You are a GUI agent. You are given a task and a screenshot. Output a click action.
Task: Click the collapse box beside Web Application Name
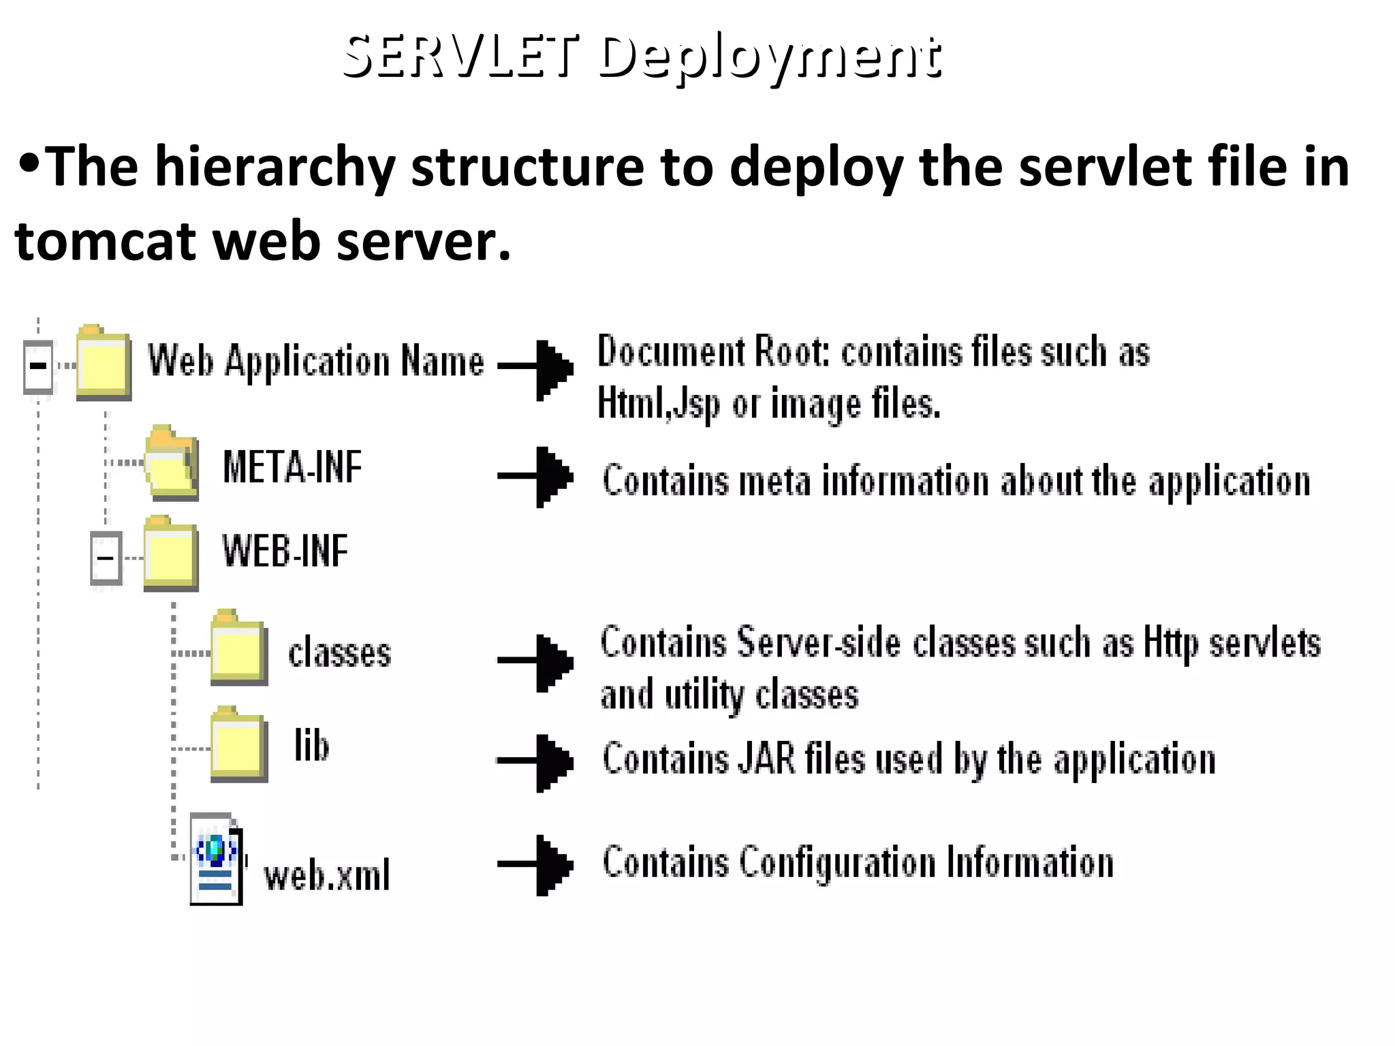(x=38, y=366)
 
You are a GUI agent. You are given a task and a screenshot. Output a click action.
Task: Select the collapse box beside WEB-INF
(x=106, y=558)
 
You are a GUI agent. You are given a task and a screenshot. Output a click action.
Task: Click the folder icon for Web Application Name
(x=104, y=362)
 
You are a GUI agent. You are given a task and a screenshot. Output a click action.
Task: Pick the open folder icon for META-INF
(x=172, y=464)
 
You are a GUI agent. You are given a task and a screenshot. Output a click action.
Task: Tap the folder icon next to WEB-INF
(x=170, y=553)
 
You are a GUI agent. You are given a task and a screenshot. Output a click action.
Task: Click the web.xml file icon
(x=216, y=860)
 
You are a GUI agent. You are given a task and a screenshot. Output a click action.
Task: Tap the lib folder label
(x=311, y=745)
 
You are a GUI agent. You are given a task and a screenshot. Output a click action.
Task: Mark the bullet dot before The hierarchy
(x=29, y=162)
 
